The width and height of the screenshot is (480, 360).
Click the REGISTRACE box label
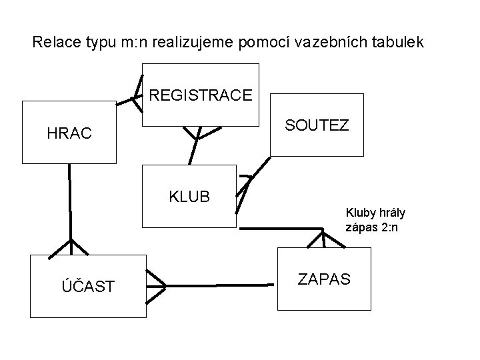click(x=201, y=95)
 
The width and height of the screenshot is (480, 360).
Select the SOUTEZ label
click(x=317, y=125)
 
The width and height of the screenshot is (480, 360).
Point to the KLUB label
click(x=189, y=197)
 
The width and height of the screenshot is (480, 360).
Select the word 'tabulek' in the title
click(x=399, y=43)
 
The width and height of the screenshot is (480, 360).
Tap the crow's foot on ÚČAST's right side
click(x=157, y=285)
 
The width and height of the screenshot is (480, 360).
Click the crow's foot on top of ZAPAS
click(x=325, y=239)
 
